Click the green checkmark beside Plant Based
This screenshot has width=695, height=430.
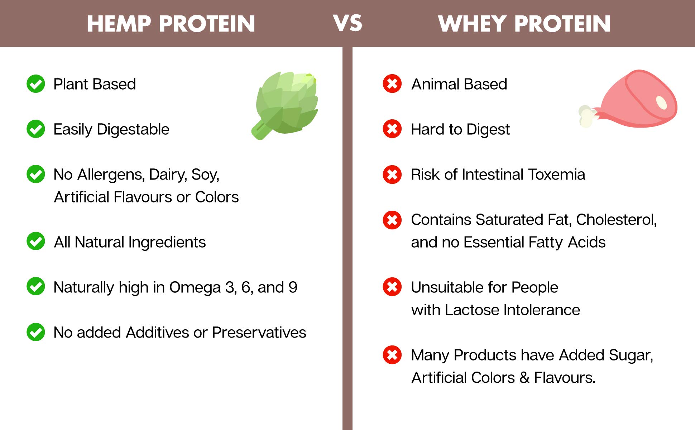pyautogui.click(x=36, y=84)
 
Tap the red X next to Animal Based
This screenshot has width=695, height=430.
pyautogui.click(x=392, y=84)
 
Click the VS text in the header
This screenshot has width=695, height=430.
pyautogui.click(x=347, y=23)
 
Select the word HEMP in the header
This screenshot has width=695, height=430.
pyautogui.click(x=119, y=24)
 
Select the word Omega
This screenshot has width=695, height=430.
pyautogui.click(x=195, y=287)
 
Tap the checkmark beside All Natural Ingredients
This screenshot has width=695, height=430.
pyautogui.click(x=36, y=241)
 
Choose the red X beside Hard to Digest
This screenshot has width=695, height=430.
pyautogui.click(x=392, y=129)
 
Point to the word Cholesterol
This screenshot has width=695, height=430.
pyautogui.click(x=616, y=220)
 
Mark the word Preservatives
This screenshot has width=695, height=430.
pyautogui.click(x=259, y=333)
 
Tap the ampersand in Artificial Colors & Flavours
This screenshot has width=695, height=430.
pyautogui.click(x=524, y=378)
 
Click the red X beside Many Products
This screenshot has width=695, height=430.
pyautogui.click(x=392, y=355)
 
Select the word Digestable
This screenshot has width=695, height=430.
pyautogui.click(x=133, y=129)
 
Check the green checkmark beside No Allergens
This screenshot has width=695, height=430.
pyautogui.click(x=36, y=174)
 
